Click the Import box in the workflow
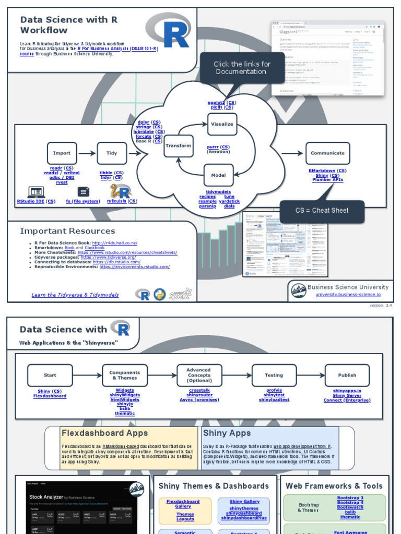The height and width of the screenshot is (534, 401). point(62,153)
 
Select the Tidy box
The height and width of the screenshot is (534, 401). point(112,153)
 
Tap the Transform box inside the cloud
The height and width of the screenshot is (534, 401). point(178,146)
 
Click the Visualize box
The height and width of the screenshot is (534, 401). point(222,124)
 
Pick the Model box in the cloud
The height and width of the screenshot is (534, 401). point(218,175)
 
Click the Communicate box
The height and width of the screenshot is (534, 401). point(327,153)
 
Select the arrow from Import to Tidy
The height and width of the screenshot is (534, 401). point(87,153)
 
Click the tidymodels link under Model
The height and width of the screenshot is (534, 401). point(218,192)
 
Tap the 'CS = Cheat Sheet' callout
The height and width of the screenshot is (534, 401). point(322,211)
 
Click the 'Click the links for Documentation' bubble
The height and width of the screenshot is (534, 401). point(242,68)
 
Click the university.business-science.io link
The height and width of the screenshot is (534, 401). point(348,295)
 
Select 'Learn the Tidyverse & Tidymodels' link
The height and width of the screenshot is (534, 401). point(75,295)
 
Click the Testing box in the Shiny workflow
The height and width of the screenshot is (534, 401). point(274,375)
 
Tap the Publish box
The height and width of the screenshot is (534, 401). point(347,375)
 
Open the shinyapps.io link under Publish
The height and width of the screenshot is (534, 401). point(347,391)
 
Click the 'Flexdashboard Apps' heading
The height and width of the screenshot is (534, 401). point(104,433)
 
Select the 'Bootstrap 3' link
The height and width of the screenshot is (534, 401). point(350,498)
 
